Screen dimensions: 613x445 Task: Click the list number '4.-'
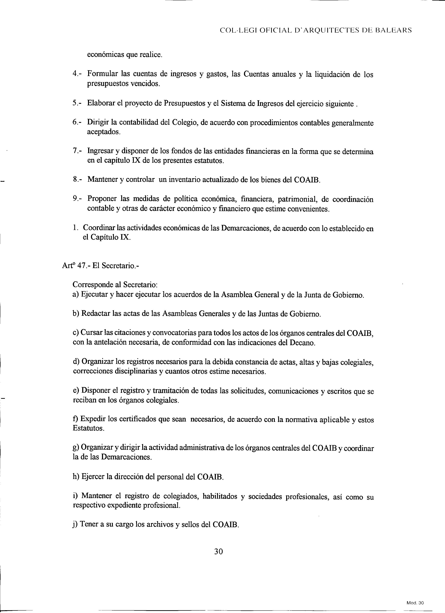pyautogui.click(x=78, y=74)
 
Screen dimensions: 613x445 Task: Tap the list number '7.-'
pyautogui.click(x=78, y=151)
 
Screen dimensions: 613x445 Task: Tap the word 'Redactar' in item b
pyautogui.click(x=96, y=313)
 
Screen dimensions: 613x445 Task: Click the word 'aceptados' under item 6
pyautogui.click(x=103, y=132)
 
